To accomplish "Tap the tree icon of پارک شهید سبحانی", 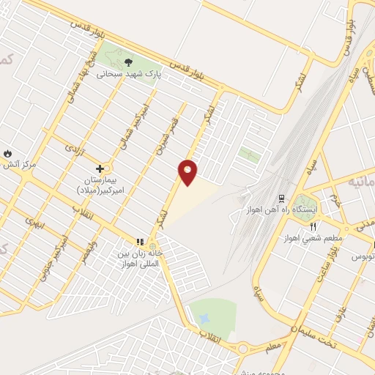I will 129,62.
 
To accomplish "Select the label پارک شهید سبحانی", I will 128,74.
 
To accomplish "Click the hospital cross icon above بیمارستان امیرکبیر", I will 100,168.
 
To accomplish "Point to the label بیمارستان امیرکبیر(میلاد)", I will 103,184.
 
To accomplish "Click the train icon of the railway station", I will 281,198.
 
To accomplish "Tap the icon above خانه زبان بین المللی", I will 140,242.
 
